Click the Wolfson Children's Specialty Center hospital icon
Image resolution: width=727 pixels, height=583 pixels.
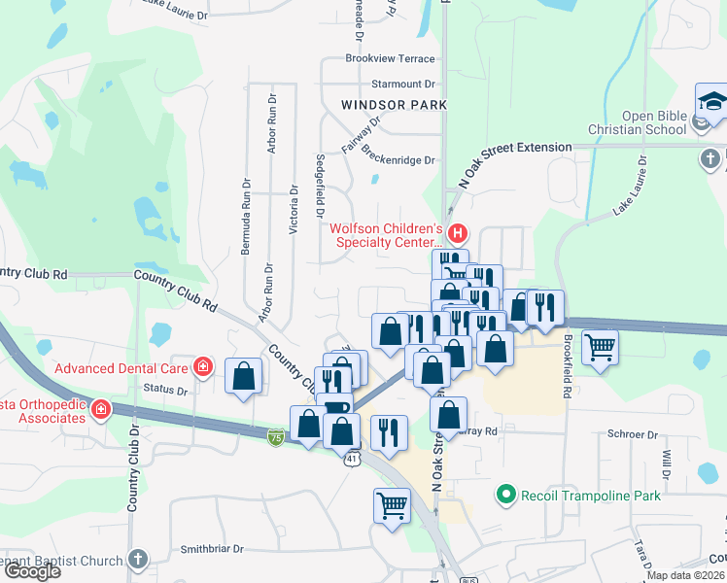(458, 234)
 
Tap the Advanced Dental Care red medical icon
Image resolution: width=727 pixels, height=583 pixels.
(202, 367)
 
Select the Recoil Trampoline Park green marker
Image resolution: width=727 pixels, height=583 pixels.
(504, 496)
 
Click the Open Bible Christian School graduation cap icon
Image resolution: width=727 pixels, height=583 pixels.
(711, 101)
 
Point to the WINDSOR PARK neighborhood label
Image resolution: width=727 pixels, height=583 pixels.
(395, 104)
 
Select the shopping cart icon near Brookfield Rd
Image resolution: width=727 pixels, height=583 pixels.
(600, 345)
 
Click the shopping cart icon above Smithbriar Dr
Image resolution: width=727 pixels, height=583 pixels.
(392, 504)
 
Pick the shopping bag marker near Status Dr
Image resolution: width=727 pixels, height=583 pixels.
(243, 375)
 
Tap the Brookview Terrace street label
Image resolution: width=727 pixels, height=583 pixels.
(390, 58)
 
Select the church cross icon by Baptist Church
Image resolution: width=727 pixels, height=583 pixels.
(138, 560)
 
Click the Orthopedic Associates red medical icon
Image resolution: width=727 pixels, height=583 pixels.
(101, 411)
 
